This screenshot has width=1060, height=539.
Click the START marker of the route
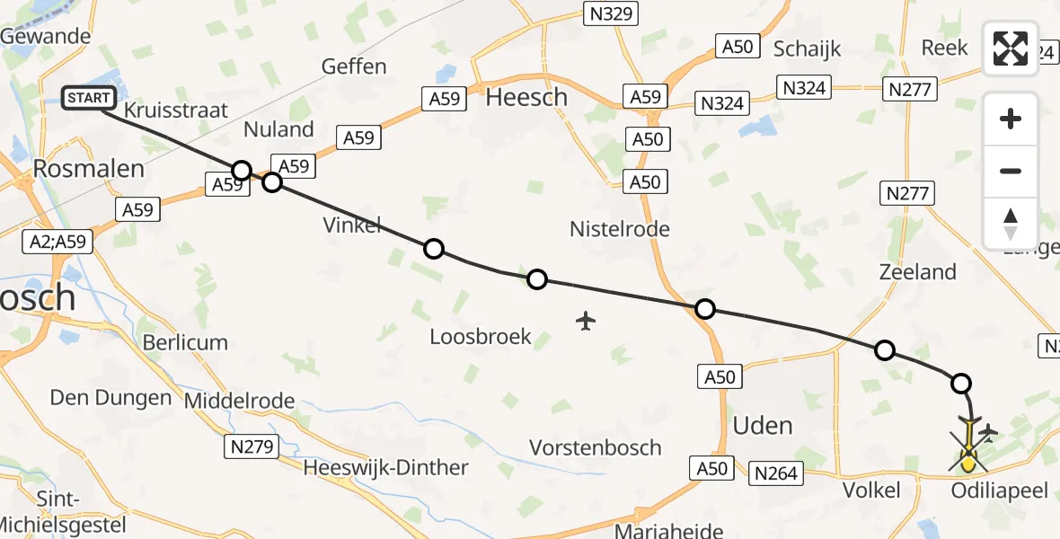(x=88, y=97)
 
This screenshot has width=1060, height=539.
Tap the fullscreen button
(x=1011, y=49)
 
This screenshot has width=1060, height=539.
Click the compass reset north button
(x=1011, y=224)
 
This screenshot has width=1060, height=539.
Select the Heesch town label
(x=526, y=97)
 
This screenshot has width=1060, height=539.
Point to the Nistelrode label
(x=620, y=229)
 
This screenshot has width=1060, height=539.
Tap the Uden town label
(x=763, y=425)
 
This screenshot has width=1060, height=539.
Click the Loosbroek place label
(x=481, y=338)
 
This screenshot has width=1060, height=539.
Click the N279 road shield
(x=253, y=446)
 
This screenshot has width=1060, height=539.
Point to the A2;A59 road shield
(x=52, y=243)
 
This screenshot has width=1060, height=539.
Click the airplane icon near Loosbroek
(x=586, y=320)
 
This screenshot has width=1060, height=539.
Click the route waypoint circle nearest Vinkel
(x=433, y=249)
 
